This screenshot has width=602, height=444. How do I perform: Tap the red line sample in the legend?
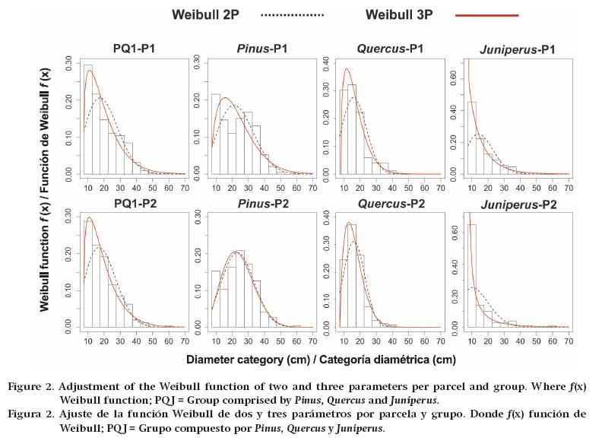[x=486, y=14]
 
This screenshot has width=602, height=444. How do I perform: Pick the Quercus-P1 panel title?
[x=390, y=49]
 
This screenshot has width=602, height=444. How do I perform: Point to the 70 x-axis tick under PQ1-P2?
[x=183, y=339]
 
